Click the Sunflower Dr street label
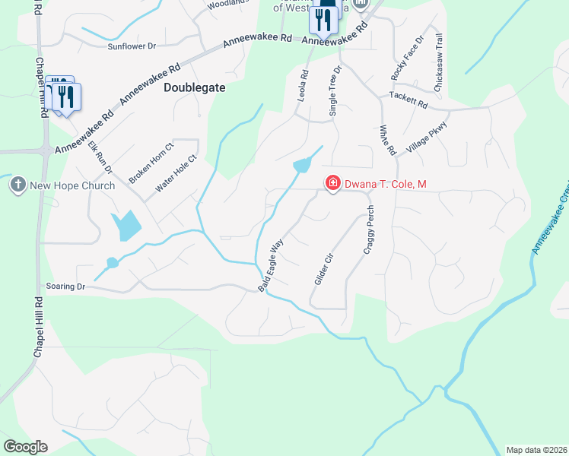pos(132,46)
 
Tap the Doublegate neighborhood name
pos(195,87)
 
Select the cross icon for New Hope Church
pos(17,184)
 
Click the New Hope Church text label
pos(72,185)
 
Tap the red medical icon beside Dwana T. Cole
pos(332,182)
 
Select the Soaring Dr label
pos(64,287)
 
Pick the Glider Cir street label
pos(324,270)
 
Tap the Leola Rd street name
pos(304,87)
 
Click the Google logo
pos(25,447)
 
